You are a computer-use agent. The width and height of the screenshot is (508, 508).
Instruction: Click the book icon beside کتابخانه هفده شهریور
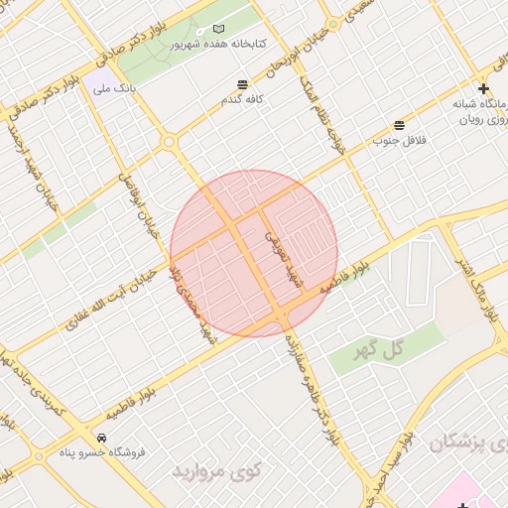pyautogui.click(x=219, y=30)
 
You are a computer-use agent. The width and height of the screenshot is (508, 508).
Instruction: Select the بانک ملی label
pyautogui.click(x=114, y=89)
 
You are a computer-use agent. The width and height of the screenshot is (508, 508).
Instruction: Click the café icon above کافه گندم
pyautogui.click(x=243, y=84)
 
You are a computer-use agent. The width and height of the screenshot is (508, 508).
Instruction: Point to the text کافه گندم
pyautogui.click(x=244, y=100)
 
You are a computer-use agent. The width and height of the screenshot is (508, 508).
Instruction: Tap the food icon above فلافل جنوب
pyautogui.click(x=399, y=125)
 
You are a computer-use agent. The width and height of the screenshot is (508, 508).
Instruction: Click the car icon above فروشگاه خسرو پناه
pyautogui.click(x=101, y=437)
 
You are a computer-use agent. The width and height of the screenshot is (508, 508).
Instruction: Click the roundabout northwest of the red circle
pyautogui.click(x=170, y=143)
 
